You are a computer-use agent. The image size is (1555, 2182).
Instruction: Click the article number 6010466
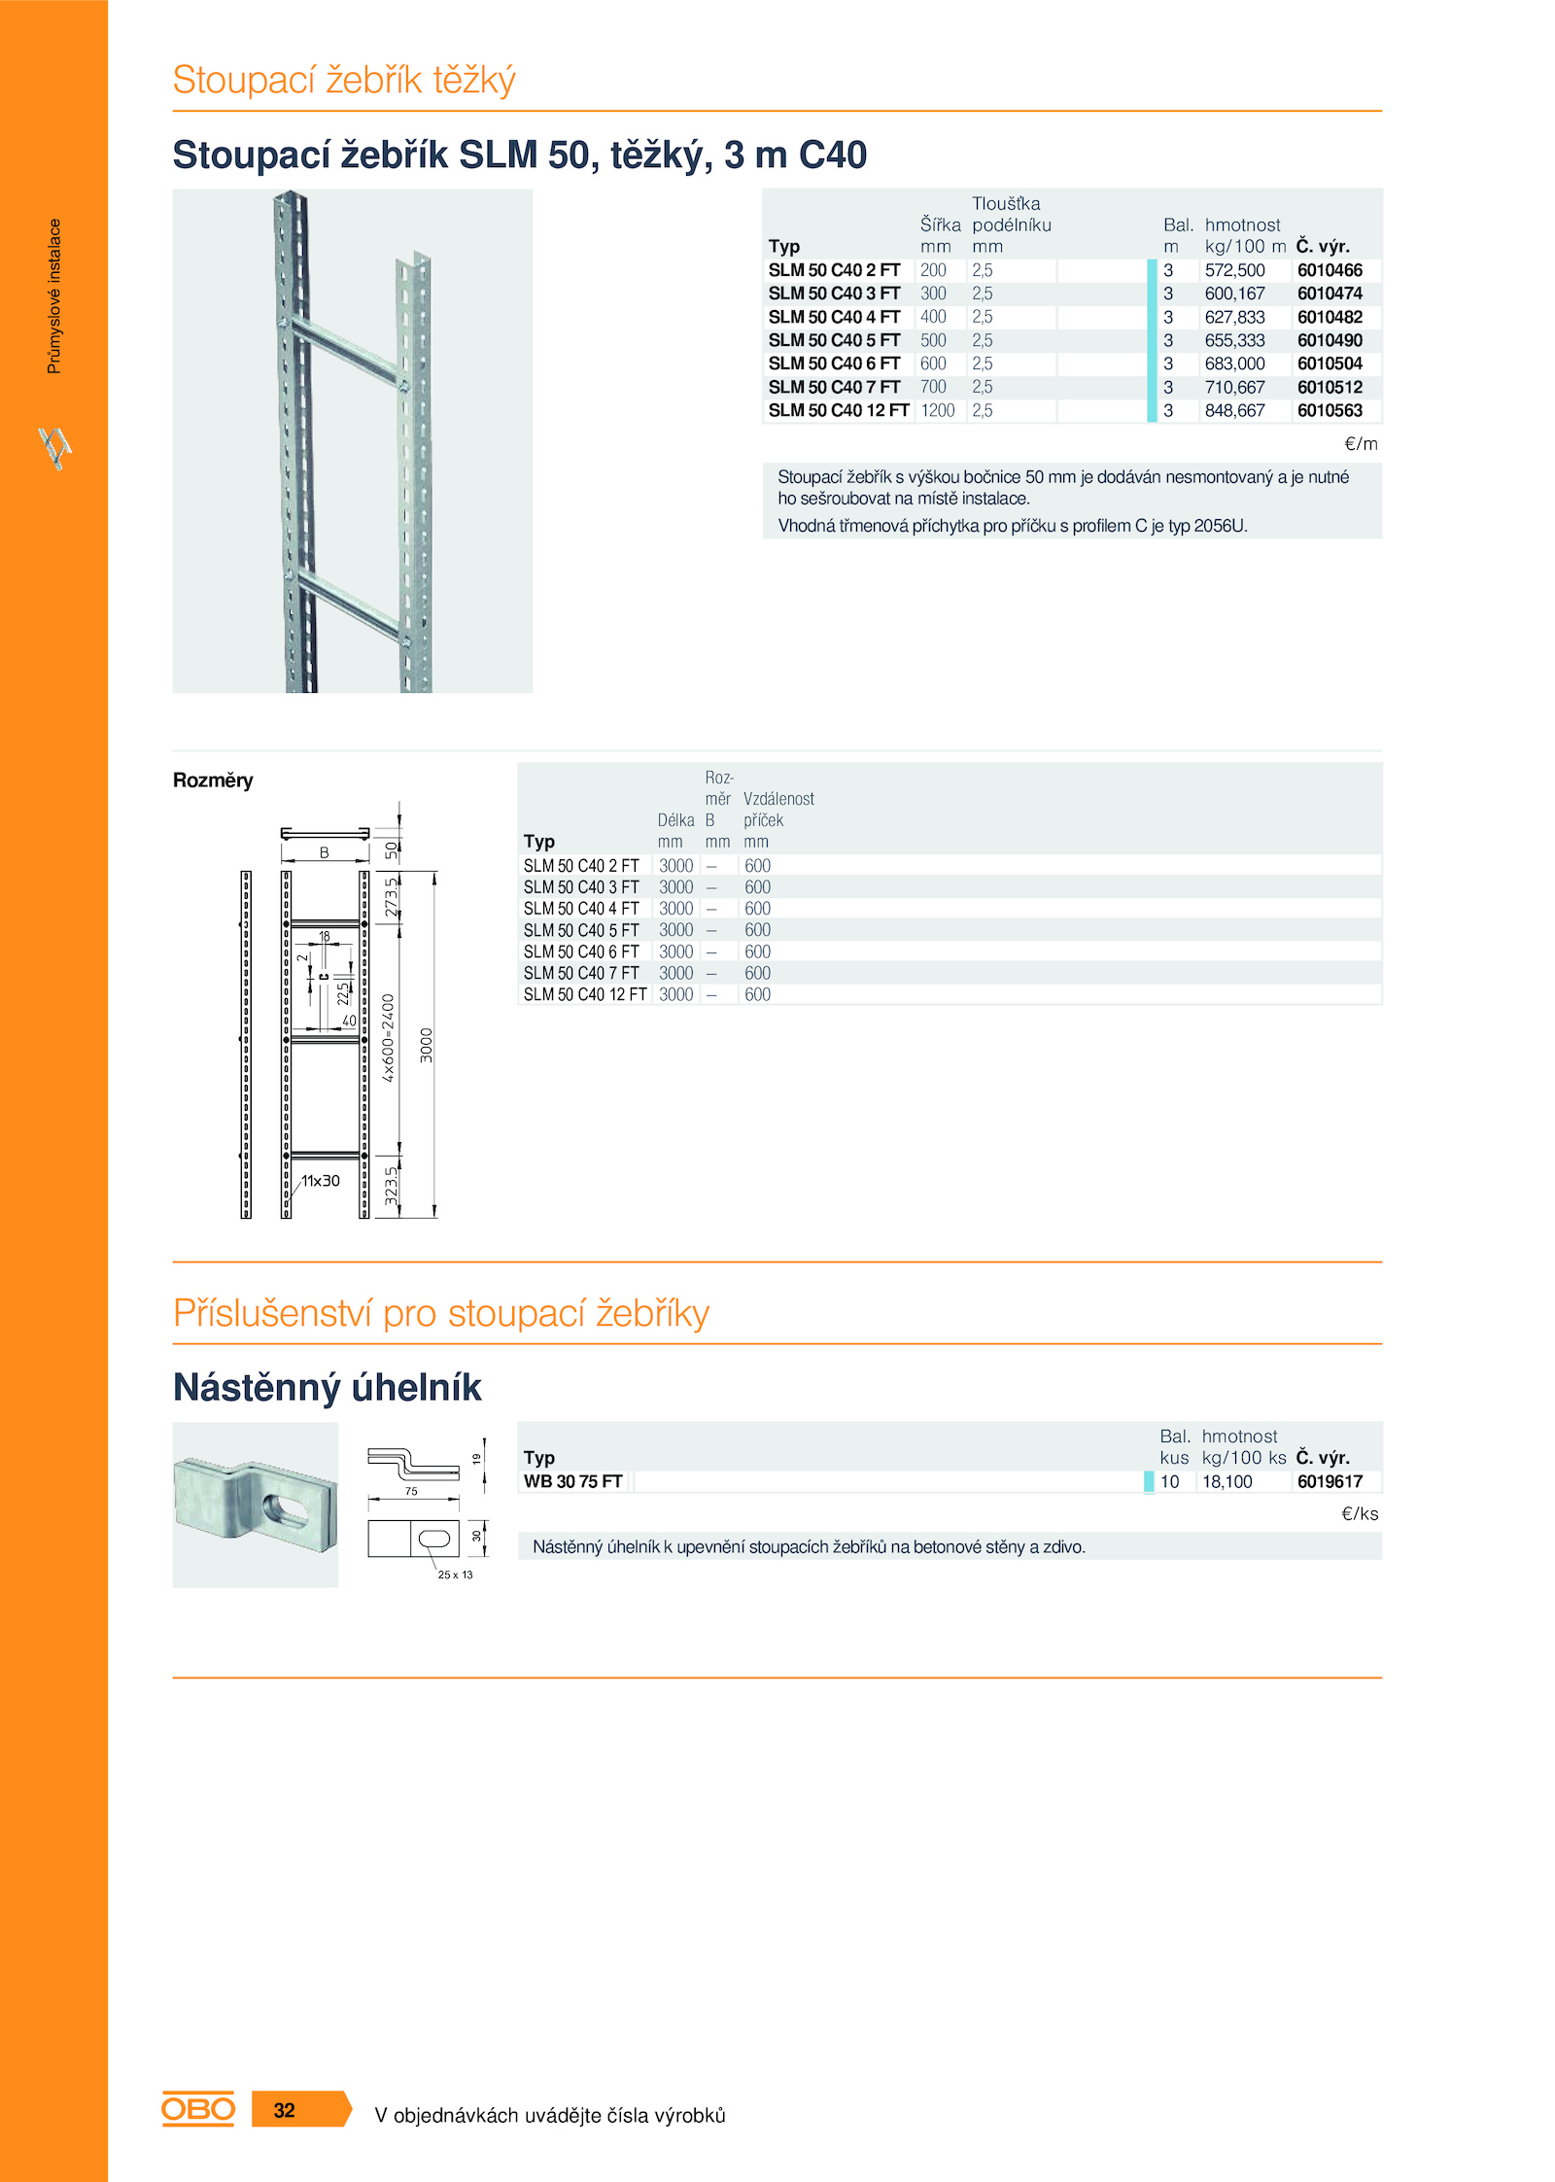pos(1329,270)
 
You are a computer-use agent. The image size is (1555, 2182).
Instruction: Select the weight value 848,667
pos(1234,410)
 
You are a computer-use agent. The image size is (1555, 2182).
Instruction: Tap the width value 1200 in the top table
pos(937,410)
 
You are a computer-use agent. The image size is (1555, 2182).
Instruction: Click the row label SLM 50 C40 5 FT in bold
pos(834,340)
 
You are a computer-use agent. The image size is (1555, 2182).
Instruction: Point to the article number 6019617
pos(1329,1481)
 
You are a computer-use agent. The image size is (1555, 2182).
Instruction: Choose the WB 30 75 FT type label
pos(572,1481)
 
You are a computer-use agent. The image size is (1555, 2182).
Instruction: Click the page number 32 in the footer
pos(284,2110)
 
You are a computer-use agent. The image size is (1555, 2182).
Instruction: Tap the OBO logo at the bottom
pos(198,2109)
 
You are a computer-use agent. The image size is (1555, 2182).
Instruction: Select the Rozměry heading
pos(213,780)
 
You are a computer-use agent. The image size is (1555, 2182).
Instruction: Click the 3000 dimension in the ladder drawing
pos(426,1045)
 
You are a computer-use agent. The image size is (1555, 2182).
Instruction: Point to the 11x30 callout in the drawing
pos(320,1181)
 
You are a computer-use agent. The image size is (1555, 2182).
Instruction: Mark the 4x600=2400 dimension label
pos(388,1038)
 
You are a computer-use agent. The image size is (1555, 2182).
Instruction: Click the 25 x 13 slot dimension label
pos(455,1575)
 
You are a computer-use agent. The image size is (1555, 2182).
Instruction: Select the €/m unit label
pos(1360,444)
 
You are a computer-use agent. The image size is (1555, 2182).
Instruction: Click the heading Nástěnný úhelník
pos(327,1387)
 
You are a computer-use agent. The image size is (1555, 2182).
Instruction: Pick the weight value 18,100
pos(1227,1481)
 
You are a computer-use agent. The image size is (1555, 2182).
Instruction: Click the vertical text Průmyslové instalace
pos(54,295)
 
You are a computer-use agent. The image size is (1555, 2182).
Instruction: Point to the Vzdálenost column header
pos(778,799)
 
